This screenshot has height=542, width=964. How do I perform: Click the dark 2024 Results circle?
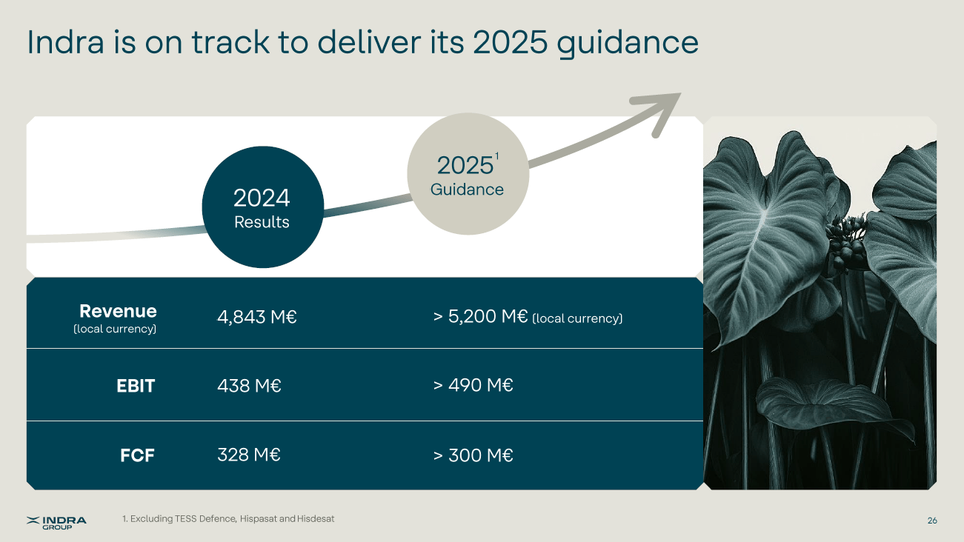click(262, 207)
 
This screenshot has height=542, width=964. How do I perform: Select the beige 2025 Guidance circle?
click(468, 175)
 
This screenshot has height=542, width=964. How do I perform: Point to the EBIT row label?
click(136, 386)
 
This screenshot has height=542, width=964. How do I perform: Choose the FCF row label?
click(137, 455)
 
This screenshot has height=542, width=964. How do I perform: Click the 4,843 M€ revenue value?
click(257, 318)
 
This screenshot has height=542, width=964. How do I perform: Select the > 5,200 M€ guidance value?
click(480, 318)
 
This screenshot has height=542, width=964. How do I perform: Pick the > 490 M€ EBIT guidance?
click(473, 386)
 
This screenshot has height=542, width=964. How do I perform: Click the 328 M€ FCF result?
click(249, 455)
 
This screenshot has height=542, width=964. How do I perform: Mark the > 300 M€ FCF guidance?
click(473, 455)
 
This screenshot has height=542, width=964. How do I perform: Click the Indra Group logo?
click(56, 521)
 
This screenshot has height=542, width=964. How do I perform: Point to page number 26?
click(932, 521)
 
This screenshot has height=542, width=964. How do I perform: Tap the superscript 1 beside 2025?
click(497, 155)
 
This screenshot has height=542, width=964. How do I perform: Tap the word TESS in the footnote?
click(185, 519)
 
